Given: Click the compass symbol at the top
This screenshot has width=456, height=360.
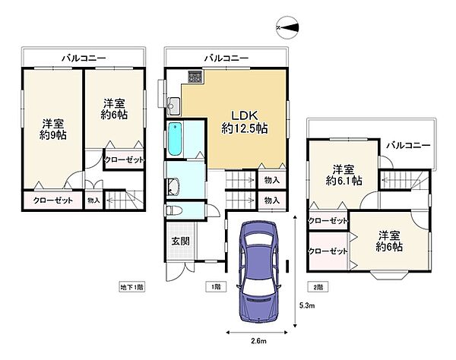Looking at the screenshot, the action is click(x=287, y=27).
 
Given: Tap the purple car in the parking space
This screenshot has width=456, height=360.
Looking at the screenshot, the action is click(x=259, y=272).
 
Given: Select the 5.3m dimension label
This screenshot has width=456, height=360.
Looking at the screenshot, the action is click(x=307, y=305).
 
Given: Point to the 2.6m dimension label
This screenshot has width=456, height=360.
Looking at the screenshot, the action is click(x=258, y=341).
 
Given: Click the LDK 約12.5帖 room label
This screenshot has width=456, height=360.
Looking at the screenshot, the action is click(x=244, y=122).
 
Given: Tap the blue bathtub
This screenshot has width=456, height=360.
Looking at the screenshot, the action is click(x=175, y=138).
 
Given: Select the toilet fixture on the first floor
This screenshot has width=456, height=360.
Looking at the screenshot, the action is click(x=173, y=210).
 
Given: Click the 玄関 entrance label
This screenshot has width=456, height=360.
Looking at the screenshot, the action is click(x=181, y=241).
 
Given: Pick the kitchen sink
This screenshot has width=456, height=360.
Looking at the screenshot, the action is click(x=174, y=106).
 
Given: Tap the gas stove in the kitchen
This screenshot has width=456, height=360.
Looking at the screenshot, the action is click(x=196, y=77).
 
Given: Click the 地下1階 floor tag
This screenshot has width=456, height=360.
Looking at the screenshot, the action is click(x=132, y=287).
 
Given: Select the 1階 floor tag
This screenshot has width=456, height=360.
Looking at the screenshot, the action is click(x=216, y=287).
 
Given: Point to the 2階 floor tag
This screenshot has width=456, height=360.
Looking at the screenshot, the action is click(x=318, y=287).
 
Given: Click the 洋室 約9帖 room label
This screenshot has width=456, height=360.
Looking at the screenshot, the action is click(x=53, y=129).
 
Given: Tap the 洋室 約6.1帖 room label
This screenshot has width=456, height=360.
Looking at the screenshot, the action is click(x=344, y=175).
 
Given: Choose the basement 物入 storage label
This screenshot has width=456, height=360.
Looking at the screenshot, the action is click(x=93, y=201).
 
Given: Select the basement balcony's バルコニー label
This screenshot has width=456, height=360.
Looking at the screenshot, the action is click(x=84, y=58).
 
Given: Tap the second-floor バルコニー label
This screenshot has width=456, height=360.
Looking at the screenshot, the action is click(x=408, y=145).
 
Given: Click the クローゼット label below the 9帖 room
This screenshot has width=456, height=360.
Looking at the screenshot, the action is click(x=53, y=201).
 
